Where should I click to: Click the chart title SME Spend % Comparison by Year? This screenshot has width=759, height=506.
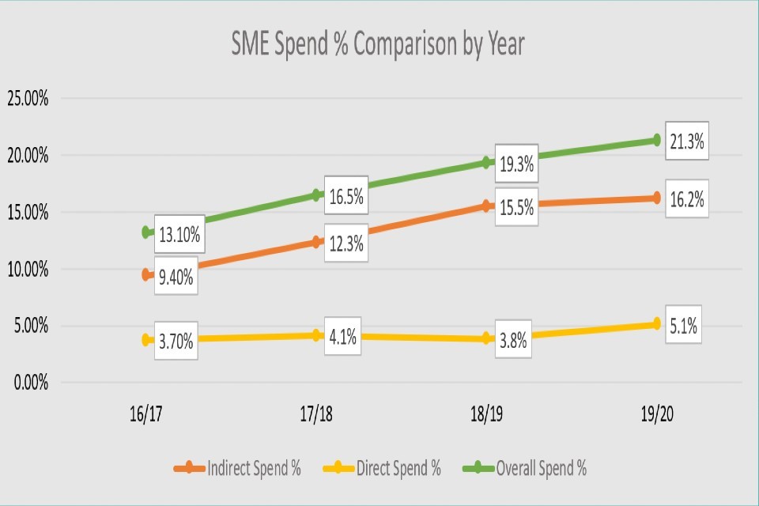[378, 45]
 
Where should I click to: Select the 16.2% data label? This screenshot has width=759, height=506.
[685, 200]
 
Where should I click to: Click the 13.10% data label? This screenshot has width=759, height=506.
[179, 234]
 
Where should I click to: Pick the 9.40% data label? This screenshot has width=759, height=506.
[176, 276]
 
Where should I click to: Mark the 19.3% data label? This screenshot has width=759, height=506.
[515, 164]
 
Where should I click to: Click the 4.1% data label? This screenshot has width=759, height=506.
[344, 338]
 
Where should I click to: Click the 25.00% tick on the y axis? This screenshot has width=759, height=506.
[28, 99]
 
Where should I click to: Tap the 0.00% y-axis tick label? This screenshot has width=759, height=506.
[28, 383]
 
